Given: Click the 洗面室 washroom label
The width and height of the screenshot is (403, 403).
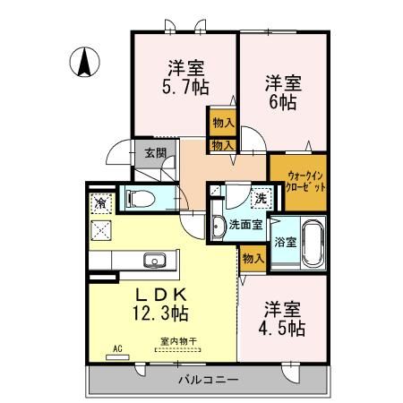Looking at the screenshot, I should click(x=244, y=224).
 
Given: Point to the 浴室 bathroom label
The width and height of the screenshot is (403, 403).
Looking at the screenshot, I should click(x=286, y=242).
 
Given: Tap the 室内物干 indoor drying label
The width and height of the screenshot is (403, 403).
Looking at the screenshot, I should click(x=178, y=340).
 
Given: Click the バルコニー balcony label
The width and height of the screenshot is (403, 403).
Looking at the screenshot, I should click(x=210, y=380).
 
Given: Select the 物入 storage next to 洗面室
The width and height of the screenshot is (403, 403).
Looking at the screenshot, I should click(x=253, y=258).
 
